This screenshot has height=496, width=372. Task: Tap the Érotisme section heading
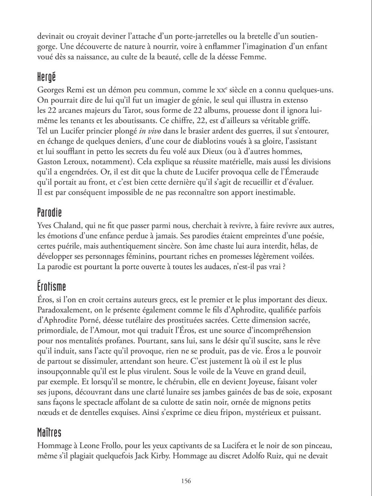coord(51,287)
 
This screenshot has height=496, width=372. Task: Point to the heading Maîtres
coord(49,433)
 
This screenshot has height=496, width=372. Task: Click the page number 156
coord(186,481)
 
